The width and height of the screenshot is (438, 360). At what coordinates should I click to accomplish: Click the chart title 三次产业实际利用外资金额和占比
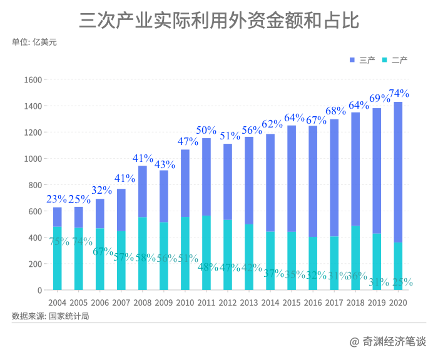pos(219,20)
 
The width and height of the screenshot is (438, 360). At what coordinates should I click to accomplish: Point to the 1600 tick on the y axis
pos(32,80)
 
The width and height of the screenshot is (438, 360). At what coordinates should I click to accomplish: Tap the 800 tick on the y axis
pos(34,185)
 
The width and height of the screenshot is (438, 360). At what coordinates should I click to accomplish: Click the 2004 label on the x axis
pos(58,302)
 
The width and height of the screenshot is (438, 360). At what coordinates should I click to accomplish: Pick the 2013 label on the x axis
pos(249,302)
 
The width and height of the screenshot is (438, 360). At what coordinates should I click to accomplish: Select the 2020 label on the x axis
pos(398,302)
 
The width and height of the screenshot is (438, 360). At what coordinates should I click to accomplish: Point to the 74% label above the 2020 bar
pos(399,94)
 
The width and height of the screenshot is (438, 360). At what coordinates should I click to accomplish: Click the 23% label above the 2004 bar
pos(57,199)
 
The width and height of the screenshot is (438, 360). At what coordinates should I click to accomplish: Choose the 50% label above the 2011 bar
pos(206,130)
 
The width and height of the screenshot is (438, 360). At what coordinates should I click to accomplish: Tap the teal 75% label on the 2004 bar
pos(59,241)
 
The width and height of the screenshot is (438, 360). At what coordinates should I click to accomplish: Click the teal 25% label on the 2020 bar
pos(400,282)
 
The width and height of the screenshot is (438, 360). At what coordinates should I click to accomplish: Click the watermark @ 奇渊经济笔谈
pos(387,341)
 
